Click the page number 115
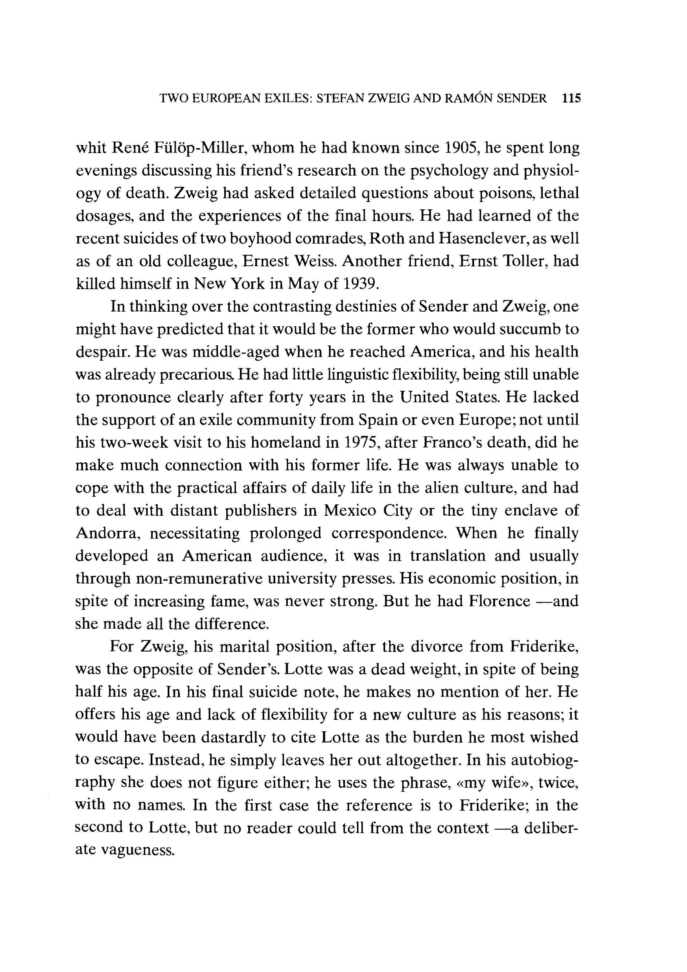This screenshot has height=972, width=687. (x=571, y=99)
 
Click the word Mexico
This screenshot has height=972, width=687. (x=350, y=510)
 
